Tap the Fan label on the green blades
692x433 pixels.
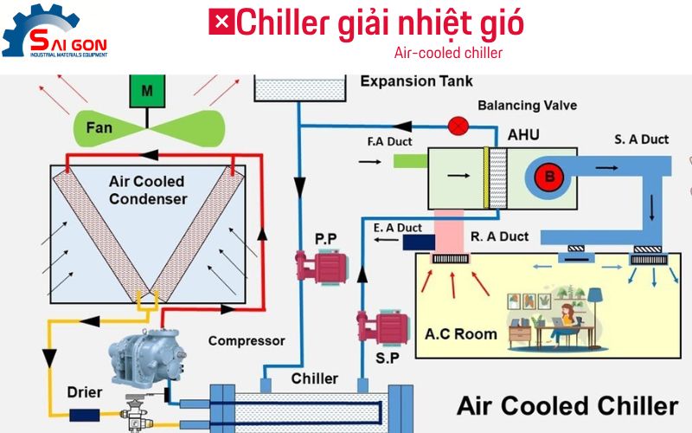[x=99, y=128]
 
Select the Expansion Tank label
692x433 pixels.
[x=416, y=81]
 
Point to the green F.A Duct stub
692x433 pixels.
[x=409, y=160]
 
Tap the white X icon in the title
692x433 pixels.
[x=221, y=23]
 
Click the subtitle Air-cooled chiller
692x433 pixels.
[x=448, y=53]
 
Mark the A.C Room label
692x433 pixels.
[x=461, y=334]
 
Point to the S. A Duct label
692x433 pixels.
[x=642, y=139]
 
